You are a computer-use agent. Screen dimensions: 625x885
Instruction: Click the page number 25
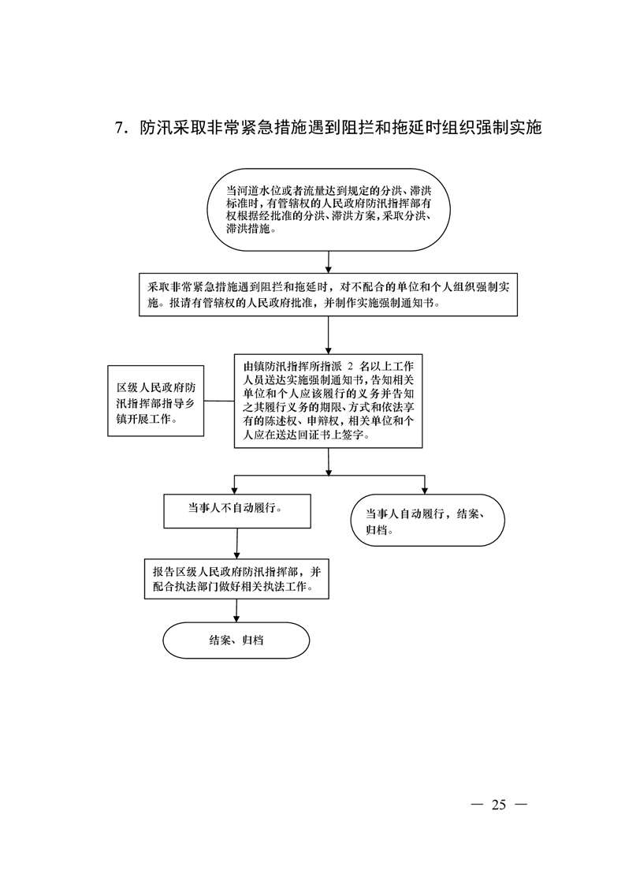pyautogui.click(x=499, y=805)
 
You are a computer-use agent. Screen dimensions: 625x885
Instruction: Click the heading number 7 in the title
pyautogui.click(x=119, y=129)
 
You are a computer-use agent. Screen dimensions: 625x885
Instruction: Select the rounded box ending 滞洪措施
pyautogui.click(x=329, y=209)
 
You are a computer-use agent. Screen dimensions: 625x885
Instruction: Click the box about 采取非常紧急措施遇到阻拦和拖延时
pyautogui.click(x=329, y=295)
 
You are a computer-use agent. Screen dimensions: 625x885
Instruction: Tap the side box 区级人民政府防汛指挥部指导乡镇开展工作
pyautogui.click(x=156, y=401)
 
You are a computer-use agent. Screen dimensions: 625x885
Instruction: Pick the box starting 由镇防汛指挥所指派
pyautogui.click(x=329, y=401)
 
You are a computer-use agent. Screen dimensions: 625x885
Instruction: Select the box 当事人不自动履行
pyautogui.click(x=237, y=511)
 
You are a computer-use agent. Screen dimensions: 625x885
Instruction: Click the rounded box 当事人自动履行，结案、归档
pyautogui.click(x=427, y=521)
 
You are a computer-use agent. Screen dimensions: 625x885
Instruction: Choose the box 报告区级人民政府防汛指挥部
pyautogui.click(x=236, y=580)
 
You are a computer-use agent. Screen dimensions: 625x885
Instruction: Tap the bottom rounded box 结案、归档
pyautogui.click(x=236, y=640)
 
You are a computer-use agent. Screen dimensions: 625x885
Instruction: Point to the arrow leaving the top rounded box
pyautogui.click(x=329, y=263)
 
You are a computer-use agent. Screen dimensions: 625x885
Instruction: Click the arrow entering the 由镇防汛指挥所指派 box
pyautogui.click(x=329, y=335)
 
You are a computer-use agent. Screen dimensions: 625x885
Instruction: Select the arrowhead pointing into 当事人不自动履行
pyautogui.click(x=235, y=491)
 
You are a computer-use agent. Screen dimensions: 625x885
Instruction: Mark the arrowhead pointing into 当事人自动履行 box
pyautogui.click(x=425, y=491)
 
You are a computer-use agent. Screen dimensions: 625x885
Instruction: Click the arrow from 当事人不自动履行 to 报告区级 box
pyautogui.click(x=236, y=544)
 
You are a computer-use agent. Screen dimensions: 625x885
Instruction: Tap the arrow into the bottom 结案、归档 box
pyautogui.click(x=236, y=611)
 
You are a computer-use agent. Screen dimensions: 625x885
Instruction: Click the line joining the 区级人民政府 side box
pyautogui.click(x=219, y=401)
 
